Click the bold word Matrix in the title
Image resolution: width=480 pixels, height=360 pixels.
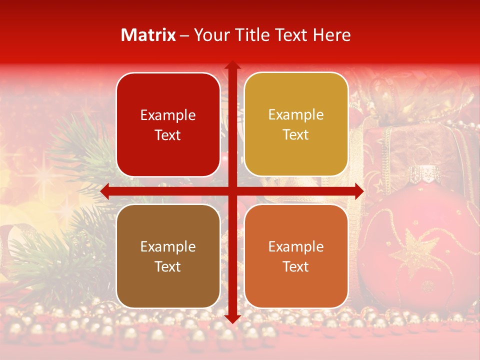[x=148, y=35]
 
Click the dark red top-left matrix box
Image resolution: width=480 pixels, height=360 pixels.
[x=168, y=124]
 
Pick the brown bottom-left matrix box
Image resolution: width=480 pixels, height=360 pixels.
[x=168, y=256]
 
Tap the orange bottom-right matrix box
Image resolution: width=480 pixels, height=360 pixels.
[x=296, y=256]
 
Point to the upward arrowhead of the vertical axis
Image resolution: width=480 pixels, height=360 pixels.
[x=232, y=65]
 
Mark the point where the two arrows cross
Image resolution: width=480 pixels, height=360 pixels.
[x=232, y=191]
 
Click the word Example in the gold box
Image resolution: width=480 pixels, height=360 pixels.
[x=296, y=114]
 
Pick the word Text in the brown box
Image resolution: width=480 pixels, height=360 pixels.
[x=168, y=266]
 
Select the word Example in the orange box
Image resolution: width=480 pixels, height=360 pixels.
[x=296, y=246]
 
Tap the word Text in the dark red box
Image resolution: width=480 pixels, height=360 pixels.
[x=168, y=135]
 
